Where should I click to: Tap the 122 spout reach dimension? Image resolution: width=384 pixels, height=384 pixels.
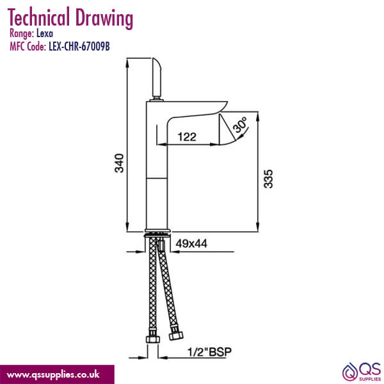[186, 136]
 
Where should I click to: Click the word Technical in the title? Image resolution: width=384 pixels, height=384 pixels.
[41, 18]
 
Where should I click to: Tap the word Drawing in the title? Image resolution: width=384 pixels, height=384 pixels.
[105, 18]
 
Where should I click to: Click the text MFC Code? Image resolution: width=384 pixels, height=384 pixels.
[28, 46]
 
